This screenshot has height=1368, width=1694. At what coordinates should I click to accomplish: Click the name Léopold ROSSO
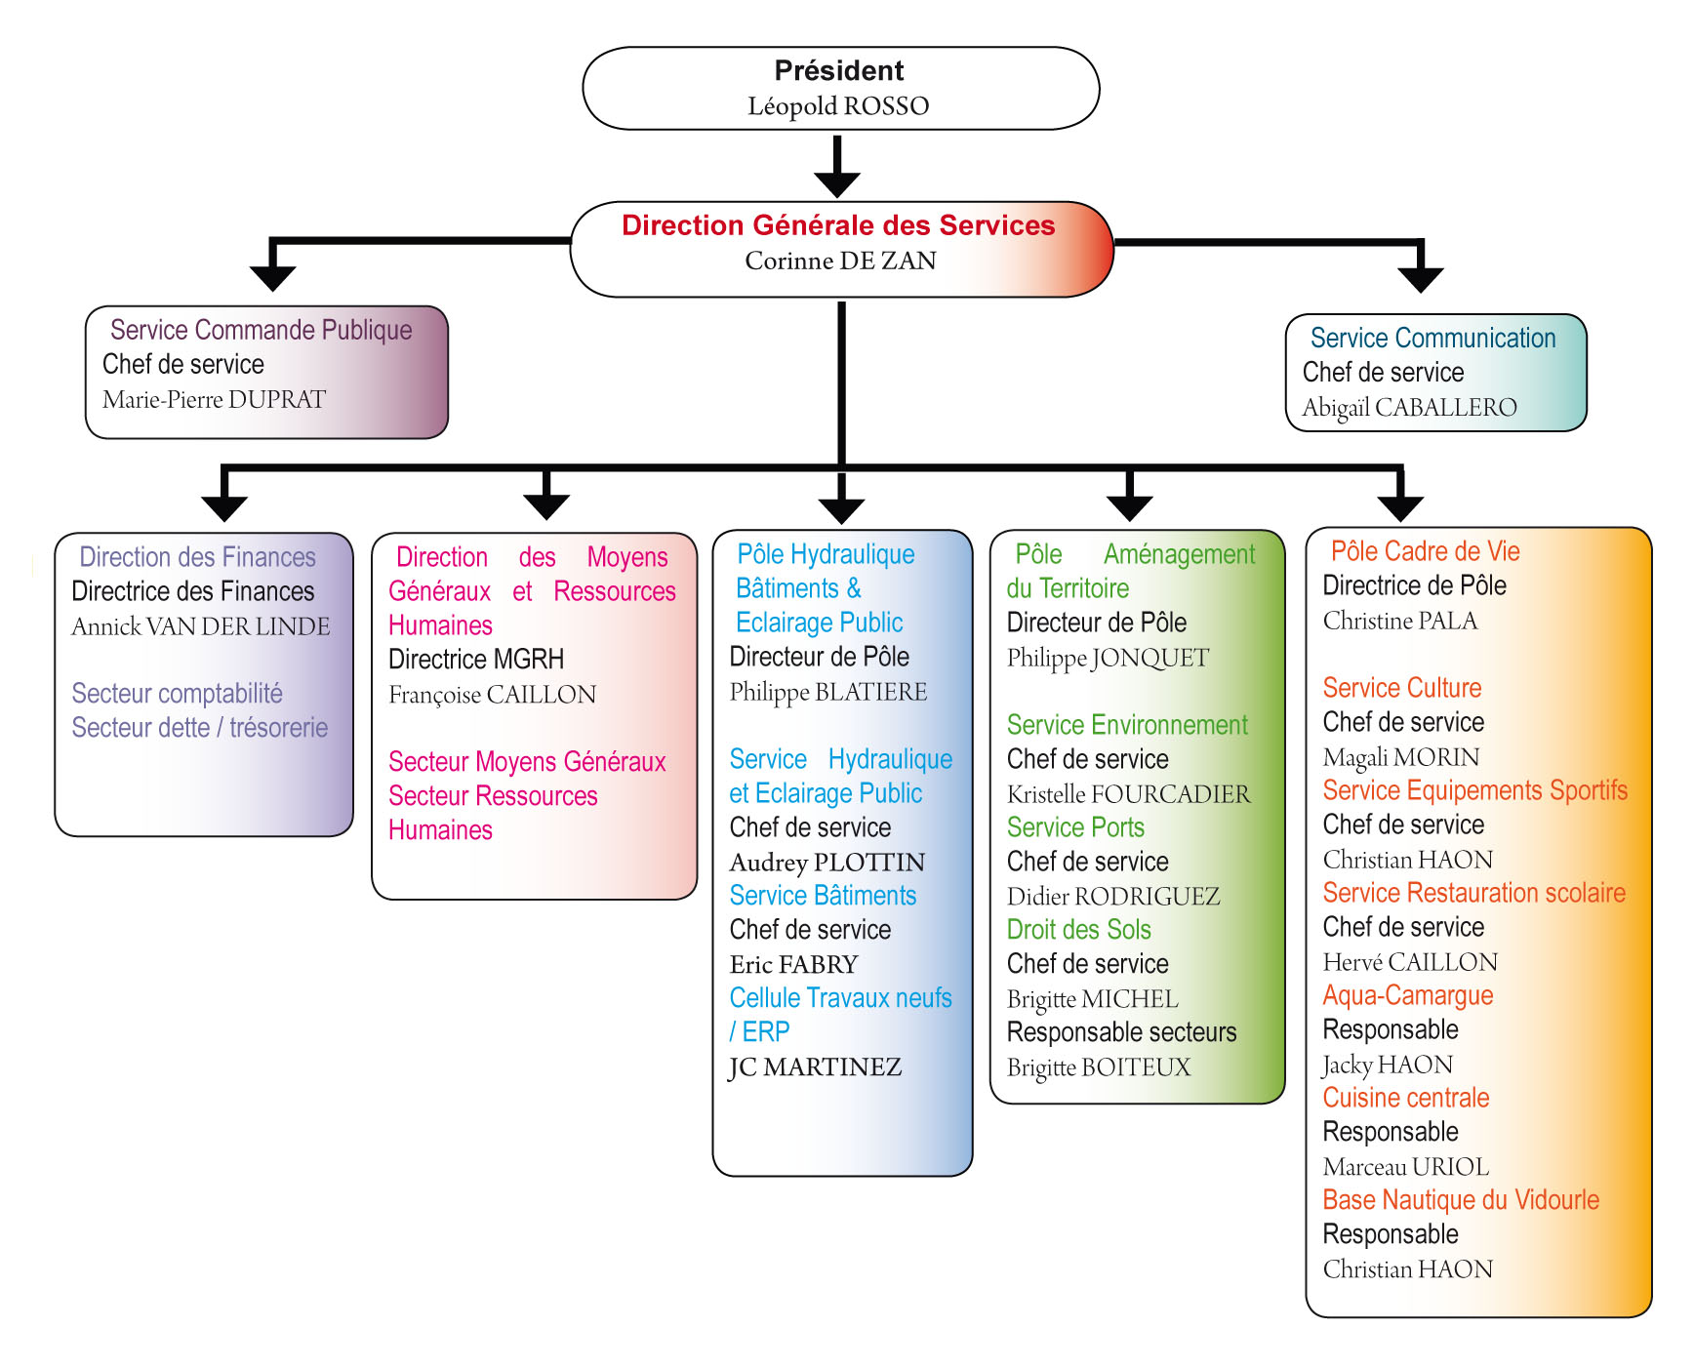[838, 105]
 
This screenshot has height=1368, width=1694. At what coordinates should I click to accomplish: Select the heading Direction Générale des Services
[838, 225]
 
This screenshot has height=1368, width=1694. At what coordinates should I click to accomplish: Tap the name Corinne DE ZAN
[840, 261]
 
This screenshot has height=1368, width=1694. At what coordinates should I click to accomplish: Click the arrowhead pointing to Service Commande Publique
[273, 278]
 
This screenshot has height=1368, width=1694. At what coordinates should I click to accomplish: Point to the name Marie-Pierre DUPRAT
[214, 399]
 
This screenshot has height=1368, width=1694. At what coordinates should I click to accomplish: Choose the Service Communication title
[1432, 338]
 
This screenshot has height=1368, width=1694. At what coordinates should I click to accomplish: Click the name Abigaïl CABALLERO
[1409, 408]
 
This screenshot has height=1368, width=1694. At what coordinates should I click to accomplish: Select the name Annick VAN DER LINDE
[201, 626]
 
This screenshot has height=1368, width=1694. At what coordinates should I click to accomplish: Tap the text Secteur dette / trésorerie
[200, 728]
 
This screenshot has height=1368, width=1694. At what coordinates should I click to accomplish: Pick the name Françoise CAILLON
[492, 695]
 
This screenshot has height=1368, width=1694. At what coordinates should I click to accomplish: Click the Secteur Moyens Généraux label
[527, 761]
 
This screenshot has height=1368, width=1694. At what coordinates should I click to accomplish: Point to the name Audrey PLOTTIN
[827, 863]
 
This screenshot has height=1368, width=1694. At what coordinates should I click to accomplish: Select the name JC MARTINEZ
[815, 1067]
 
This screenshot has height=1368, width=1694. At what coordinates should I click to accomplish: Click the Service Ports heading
[1075, 827]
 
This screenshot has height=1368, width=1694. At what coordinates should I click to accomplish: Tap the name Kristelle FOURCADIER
[1128, 794]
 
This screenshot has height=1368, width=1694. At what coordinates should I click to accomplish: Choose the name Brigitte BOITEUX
[1099, 1067]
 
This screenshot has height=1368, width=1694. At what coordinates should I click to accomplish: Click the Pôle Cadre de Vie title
[1426, 551]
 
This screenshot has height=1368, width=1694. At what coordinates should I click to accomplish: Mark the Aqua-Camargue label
[1408, 995]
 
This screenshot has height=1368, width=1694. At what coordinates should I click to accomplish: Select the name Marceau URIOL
[1406, 1167]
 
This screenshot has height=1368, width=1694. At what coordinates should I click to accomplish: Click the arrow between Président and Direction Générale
[837, 167]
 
